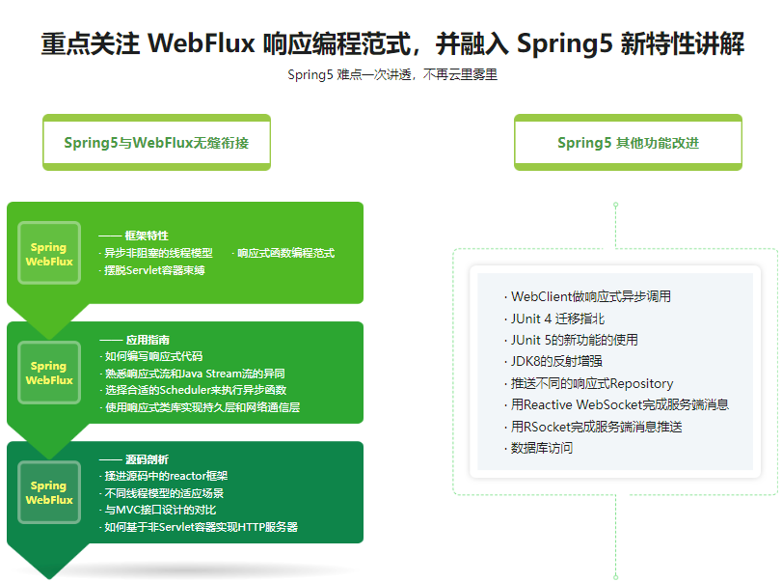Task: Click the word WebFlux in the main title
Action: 202,44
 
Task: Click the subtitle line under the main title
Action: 391,75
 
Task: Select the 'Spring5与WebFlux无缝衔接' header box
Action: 156,143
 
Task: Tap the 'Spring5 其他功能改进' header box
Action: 628,143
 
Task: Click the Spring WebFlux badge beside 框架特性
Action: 49,254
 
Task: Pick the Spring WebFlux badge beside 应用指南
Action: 49,373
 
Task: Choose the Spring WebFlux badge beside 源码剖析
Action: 49,492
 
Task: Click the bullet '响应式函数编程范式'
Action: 285,253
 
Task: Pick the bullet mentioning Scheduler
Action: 194,390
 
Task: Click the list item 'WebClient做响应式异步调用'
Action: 590,296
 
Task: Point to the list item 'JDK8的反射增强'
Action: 556,361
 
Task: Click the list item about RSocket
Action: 596,426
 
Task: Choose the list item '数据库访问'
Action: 542,448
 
